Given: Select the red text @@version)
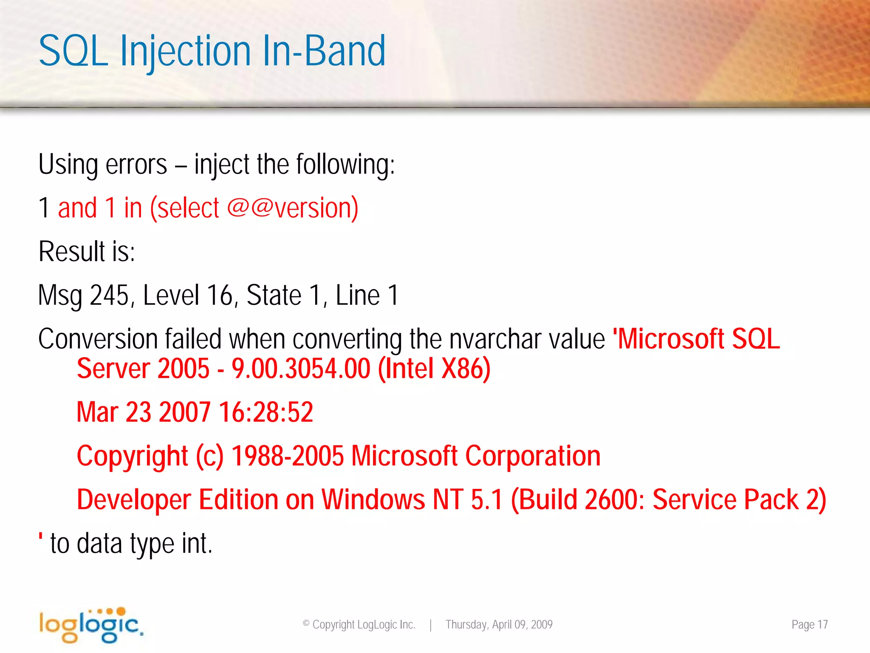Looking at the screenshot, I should click(293, 208).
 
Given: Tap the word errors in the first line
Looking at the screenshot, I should click(136, 165).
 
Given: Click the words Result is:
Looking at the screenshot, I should click(87, 251).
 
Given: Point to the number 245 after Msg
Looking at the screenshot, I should click(109, 295).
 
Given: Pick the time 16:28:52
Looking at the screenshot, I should click(266, 412).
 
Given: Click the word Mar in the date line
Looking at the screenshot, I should click(97, 412).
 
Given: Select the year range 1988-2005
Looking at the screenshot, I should click(287, 456).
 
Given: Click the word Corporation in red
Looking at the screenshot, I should click(533, 456).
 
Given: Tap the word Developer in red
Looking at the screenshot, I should click(134, 500).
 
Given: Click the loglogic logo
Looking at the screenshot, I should click(91, 625).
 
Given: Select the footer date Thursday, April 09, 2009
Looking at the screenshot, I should click(499, 625).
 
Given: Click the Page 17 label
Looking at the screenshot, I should click(809, 625).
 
